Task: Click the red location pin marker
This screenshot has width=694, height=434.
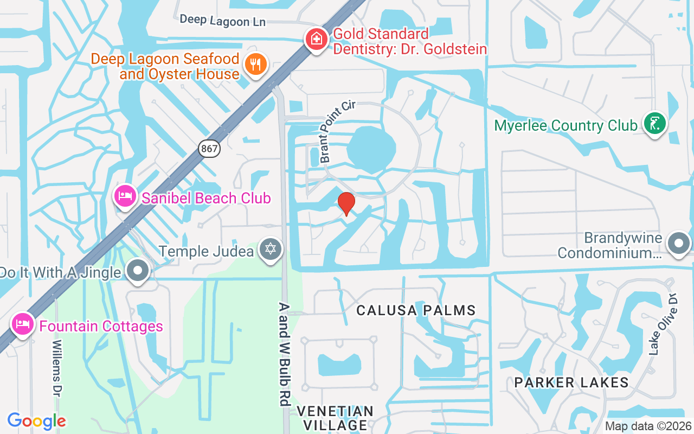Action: pos(346,203)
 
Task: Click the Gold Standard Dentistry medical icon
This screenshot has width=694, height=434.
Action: pos(316,39)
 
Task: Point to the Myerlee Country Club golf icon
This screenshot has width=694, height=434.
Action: pos(654,124)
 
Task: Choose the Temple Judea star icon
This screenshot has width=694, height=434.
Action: pos(271,250)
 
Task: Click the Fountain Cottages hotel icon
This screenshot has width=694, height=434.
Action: pos(22,324)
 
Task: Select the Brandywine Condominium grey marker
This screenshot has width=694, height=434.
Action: pos(678,244)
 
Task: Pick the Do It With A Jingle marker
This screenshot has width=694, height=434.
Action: pos(138,270)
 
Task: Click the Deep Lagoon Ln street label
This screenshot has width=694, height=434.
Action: pos(222,20)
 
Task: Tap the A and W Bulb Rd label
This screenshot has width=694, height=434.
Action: pos(284,354)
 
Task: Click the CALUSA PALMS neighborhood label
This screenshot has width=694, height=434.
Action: pos(416,310)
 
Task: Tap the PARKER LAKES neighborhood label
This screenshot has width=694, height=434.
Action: pos(571,382)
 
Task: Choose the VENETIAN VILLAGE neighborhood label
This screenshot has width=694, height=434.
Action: pos(336,418)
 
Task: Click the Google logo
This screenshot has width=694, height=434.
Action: pos(36,421)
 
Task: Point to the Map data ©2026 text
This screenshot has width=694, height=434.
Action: pos(647,426)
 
